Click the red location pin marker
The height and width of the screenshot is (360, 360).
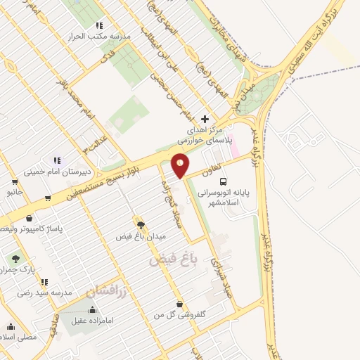click(x=181, y=164)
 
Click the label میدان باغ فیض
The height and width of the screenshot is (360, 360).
click(x=141, y=237)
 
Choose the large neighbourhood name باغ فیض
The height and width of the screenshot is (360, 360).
click(x=170, y=261)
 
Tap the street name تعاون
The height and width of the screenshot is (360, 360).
click(x=212, y=169)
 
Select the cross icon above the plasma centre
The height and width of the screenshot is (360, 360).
click(x=205, y=119)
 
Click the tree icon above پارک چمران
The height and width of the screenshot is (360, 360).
click(x=15, y=258)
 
